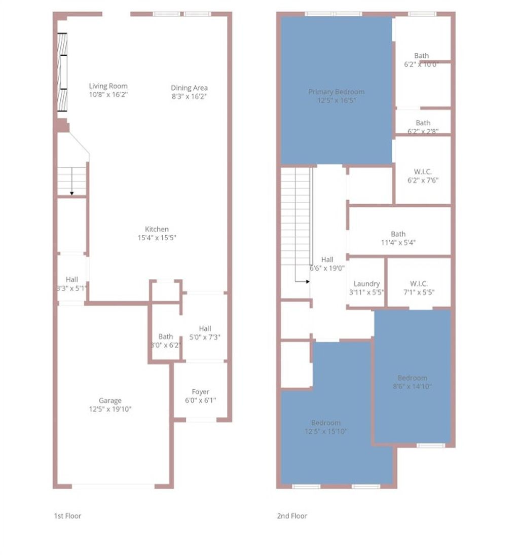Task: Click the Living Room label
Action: tap(108, 86)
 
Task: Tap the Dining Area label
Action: tap(189, 88)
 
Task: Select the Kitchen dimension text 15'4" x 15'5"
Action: tap(157, 238)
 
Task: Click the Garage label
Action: tap(110, 400)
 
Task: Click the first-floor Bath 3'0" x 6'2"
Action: tap(165, 337)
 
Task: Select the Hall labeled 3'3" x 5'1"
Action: tap(72, 279)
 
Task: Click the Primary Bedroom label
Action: tap(336, 92)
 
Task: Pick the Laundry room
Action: tap(366, 284)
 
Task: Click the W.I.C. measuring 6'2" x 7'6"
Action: tap(423, 172)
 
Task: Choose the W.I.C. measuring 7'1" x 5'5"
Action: tap(419, 284)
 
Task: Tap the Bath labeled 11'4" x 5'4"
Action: tap(398, 234)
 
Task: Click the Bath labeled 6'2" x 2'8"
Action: tap(423, 123)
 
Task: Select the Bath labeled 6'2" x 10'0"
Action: tap(421, 56)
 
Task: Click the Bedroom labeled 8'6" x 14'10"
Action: tap(412, 378)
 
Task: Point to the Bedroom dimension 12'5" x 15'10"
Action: tap(326, 432)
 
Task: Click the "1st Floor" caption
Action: tap(67, 516)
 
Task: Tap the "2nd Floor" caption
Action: tap(292, 516)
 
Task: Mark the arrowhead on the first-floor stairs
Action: tap(72, 193)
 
